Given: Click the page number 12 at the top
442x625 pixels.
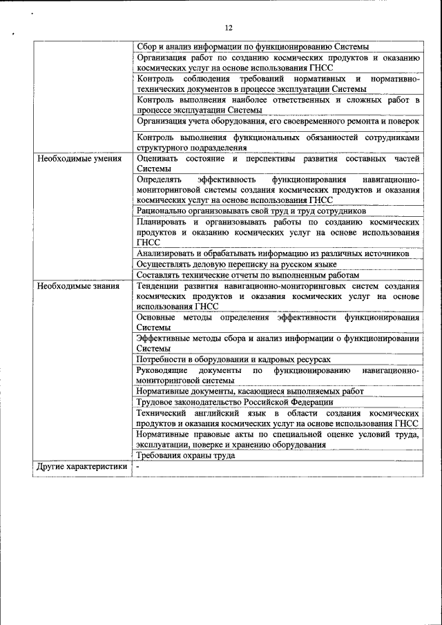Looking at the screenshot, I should pyautogui.click(x=229, y=28).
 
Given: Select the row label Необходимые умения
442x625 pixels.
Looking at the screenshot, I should pyautogui.click(x=79, y=159).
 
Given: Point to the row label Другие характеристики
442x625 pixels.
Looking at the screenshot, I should pyautogui.click(x=82, y=466).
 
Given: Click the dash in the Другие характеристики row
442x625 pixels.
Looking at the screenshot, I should pyautogui.click(x=138, y=467).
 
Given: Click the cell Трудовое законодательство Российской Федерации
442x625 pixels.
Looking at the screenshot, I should pyautogui.click(x=235, y=402).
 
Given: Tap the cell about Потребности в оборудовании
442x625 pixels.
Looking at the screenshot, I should pyautogui.click(x=233, y=360).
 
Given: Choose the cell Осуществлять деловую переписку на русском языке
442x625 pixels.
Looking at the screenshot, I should pyautogui.click(x=236, y=265).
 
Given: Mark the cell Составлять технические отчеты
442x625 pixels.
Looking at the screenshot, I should pyautogui.click(x=248, y=275).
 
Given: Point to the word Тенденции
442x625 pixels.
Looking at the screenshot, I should pyautogui.click(x=158, y=286).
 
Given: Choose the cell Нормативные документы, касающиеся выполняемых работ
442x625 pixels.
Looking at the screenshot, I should pyautogui.click(x=249, y=392).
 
